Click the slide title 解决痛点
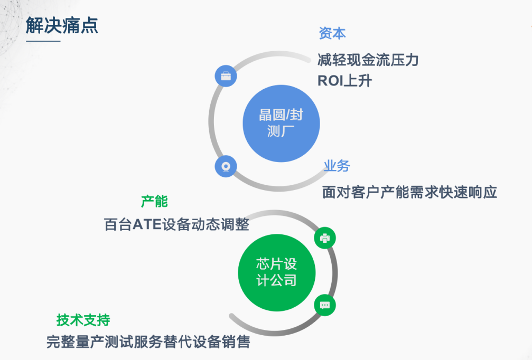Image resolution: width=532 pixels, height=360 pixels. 62,25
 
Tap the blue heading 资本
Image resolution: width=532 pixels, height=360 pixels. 332,33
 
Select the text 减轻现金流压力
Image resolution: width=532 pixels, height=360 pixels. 368,60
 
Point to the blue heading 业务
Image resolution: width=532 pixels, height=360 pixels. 337,166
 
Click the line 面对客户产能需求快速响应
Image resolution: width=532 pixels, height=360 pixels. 409,192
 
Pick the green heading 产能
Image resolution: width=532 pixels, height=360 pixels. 154,201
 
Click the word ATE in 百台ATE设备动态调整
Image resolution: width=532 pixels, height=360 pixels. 147,224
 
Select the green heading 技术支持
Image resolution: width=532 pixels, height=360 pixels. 83,320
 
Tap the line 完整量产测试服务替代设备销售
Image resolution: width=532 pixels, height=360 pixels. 148,342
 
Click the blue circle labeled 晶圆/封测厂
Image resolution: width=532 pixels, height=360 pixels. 281,124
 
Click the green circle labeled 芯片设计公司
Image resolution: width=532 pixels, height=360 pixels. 277,272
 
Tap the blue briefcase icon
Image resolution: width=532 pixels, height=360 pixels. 226,76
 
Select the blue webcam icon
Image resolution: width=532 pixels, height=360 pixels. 226,166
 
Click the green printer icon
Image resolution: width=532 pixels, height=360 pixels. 325,238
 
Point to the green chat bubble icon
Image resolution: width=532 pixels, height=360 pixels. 325,305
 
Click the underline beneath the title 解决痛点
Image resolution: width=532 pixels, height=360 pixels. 43,41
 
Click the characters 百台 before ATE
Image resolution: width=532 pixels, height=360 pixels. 118,224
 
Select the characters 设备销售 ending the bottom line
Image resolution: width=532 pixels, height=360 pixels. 221,342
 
